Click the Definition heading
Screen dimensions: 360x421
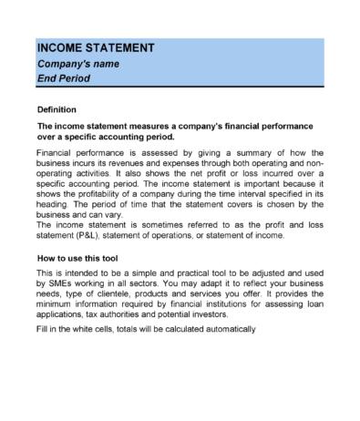click(57, 109)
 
